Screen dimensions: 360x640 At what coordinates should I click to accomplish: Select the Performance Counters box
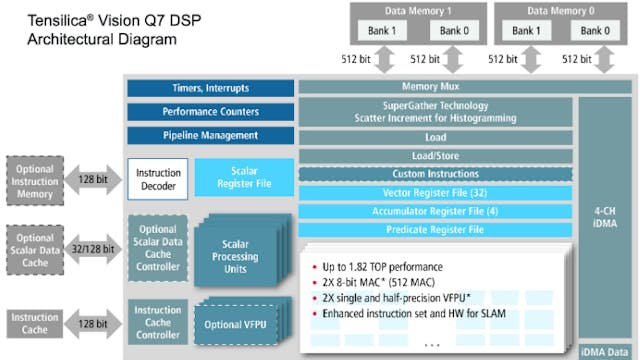pyautogui.click(x=210, y=112)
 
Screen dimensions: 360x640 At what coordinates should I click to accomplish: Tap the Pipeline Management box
pyautogui.click(x=210, y=136)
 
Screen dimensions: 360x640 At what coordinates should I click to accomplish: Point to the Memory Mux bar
pyautogui.click(x=436, y=87)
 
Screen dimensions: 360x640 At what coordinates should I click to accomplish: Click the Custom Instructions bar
pyautogui.click(x=436, y=174)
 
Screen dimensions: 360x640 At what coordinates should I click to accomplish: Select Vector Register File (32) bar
pyautogui.click(x=436, y=192)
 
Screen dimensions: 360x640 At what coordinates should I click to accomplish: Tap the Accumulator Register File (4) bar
pyautogui.click(x=436, y=210)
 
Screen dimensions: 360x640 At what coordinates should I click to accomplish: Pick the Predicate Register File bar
pyautogui.click(x=436, y=229)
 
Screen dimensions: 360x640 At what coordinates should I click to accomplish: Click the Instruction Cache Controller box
pyautogui.click(x=158, y=322)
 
